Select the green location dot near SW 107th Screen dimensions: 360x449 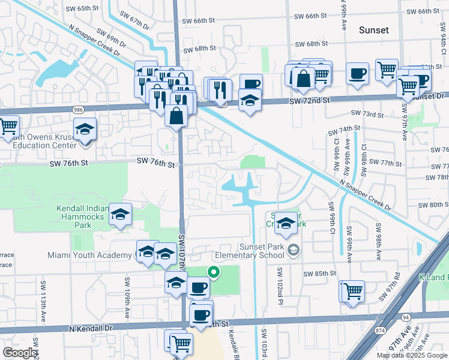tap(213, 272)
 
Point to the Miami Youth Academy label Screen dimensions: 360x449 tap(90, 256)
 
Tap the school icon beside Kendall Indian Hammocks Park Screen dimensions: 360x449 tap(121, 214)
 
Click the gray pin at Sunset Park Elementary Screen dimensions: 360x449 tap(293, 249)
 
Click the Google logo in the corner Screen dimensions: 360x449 tap(20, 353)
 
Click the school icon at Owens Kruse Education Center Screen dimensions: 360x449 tap(85, 128)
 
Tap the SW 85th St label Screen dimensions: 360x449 tap(319, 274)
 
